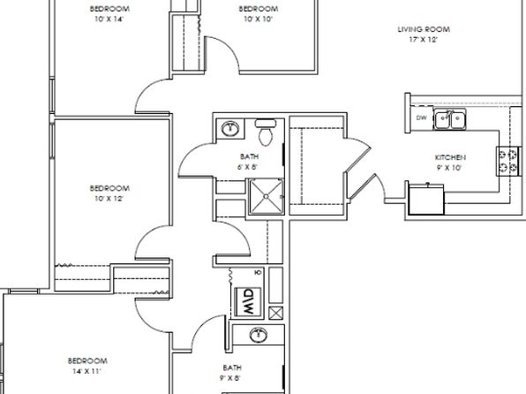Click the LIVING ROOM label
[x=424, y=29]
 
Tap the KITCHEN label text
[x=450, y=157]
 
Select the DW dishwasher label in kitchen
[x=421, y=117]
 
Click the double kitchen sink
[x=449, y=118]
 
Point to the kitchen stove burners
[x=507, y=161]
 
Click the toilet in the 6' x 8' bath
[x=266, y=132]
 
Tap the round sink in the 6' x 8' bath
[x=230, y=128]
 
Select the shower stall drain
[x=266, y=196]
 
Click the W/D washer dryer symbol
[x=248, y=301]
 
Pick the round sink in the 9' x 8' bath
[x=259, y=335]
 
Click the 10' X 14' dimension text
[x=109, y=19]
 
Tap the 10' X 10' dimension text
[x=258, y=19]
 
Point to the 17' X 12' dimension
[x=424, y=40]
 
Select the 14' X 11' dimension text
[x=86, y=371]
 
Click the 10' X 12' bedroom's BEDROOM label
[x=109, y=188]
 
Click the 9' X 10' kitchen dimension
[x=449, y=168]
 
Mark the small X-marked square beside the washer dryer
[x=275, y=313]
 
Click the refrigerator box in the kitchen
[x=426, y=199]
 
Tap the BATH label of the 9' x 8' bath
[x=232, y=367]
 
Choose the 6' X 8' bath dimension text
[x=248, y=167]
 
